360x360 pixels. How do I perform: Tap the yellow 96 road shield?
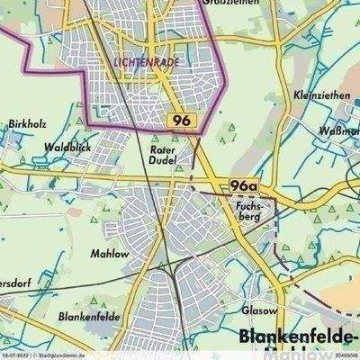coord(180,120)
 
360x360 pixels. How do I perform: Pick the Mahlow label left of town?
coord(107,254)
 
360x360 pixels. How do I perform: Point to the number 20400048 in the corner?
coord(342,355)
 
